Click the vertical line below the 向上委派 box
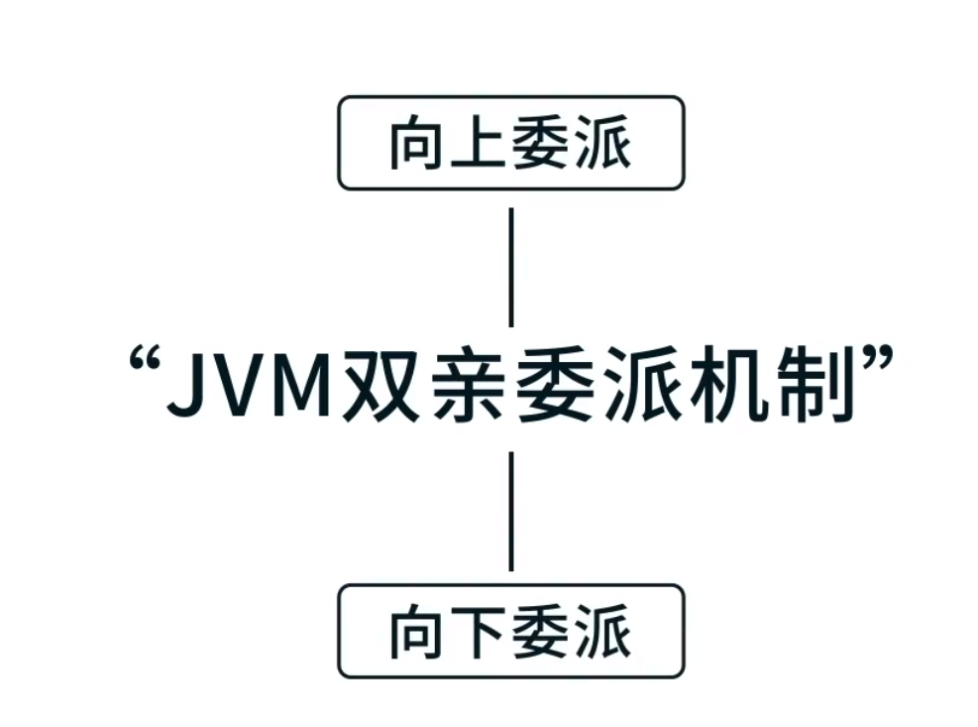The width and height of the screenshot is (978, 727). coord(510,267)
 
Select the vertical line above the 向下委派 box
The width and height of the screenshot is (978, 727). coord(510,511)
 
